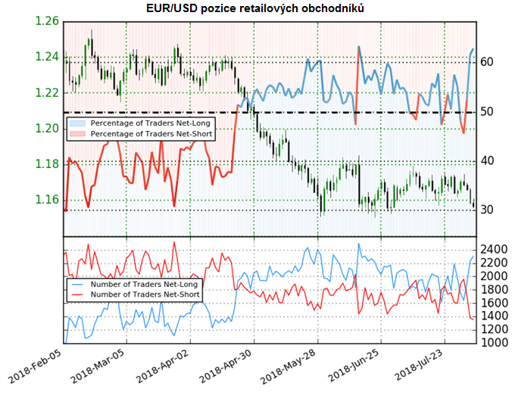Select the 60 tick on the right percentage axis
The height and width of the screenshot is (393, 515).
click(x=487, y=61)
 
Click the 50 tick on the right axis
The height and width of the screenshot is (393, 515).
click(x=487, y=111)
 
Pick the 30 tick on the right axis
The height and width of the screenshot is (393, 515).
click(x=487, y=211)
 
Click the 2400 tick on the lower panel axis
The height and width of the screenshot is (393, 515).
click(x=493, y=249)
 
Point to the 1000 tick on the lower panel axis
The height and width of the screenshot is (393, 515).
click(x=493, y=343)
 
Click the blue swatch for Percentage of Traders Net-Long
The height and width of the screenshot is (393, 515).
click(x=76, y=123)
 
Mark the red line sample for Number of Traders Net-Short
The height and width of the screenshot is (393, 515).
click(x=76, y=295)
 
